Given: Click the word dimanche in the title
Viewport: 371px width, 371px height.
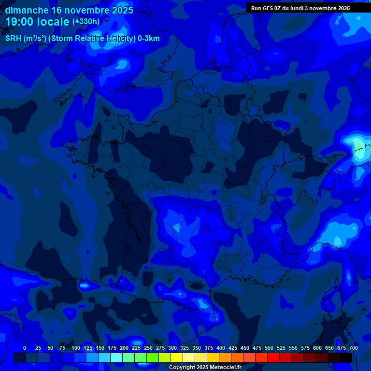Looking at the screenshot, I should click(27, 10).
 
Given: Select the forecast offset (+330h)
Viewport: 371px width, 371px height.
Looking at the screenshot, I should click(86, 22).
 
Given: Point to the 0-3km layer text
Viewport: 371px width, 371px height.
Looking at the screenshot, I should click(149, 39).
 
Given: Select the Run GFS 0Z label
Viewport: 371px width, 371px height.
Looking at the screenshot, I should click(267, 8).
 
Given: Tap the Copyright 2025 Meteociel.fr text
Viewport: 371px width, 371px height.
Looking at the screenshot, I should click(205, 367).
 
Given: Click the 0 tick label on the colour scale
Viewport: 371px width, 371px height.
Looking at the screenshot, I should click(25, 348).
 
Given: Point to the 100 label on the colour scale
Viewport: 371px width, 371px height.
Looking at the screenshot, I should click(76, 348).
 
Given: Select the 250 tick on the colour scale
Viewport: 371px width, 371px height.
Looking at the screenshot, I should click(148, 348).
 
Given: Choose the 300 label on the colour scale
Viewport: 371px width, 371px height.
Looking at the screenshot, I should click(172, 348).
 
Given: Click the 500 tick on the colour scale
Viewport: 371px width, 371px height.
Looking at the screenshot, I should click(269, 348).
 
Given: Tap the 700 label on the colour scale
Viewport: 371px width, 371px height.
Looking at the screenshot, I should click(354, 348).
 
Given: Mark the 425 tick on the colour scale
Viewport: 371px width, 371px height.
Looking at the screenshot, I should click(233, 348).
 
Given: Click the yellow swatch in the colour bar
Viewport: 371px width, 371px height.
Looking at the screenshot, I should click(177, 357).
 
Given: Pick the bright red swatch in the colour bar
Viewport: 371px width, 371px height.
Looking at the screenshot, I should click(273, 357).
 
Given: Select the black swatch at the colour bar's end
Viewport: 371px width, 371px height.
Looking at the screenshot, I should click(346, 357).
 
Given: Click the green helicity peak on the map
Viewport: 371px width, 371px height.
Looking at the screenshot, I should click(357, 144).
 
